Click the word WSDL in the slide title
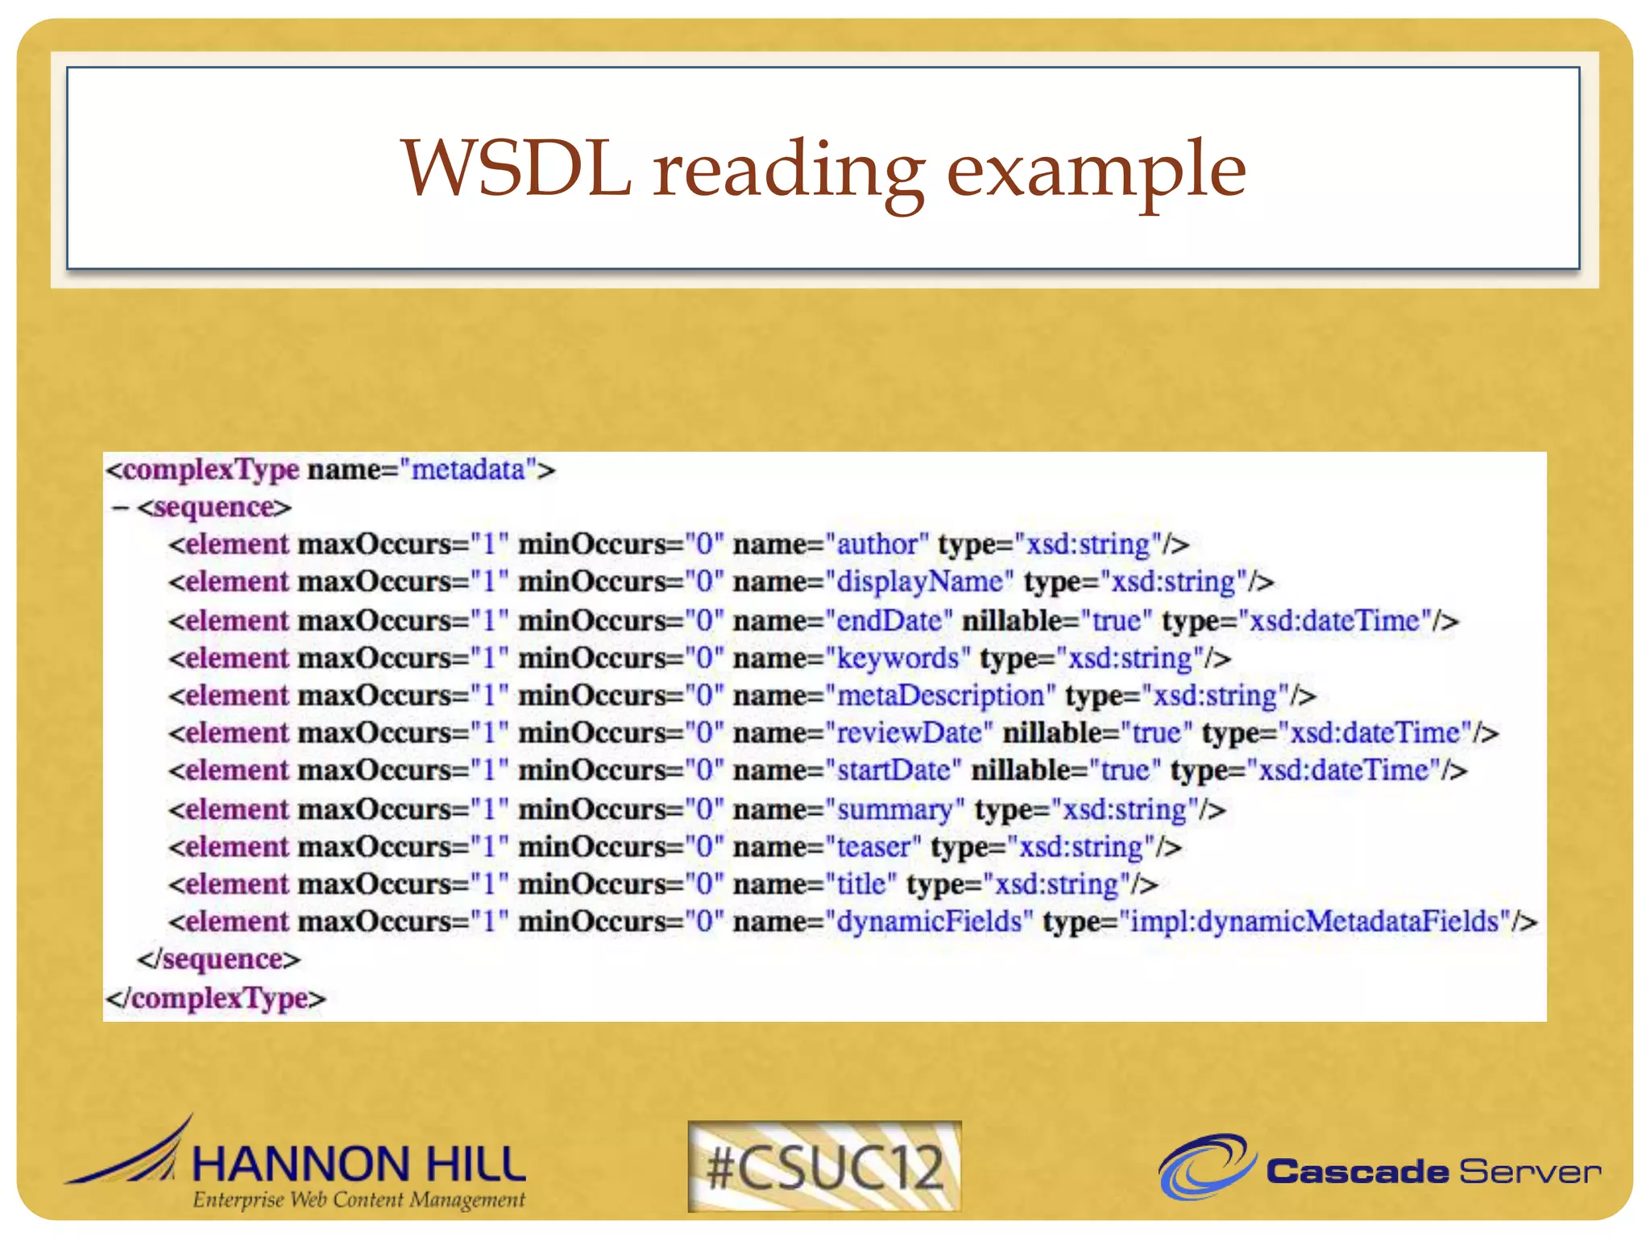point(516,169)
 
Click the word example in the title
point(1096,171)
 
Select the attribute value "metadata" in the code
point(468,470)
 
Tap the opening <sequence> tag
point(214,507)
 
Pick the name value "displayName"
point(919,582)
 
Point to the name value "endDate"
point(889,621)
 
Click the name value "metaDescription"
point(940,696)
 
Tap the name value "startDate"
point(893,771)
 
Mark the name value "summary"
point(894,809)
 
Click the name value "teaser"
point(873,847)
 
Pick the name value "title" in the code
point(861,884)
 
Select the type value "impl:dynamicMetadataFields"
point(1315,921)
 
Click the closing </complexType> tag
point(216,999)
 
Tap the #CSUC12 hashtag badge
point(824,1167)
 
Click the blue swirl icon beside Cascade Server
point(1206,1167)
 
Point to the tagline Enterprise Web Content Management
point(359,1200)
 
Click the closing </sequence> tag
point(218,960)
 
